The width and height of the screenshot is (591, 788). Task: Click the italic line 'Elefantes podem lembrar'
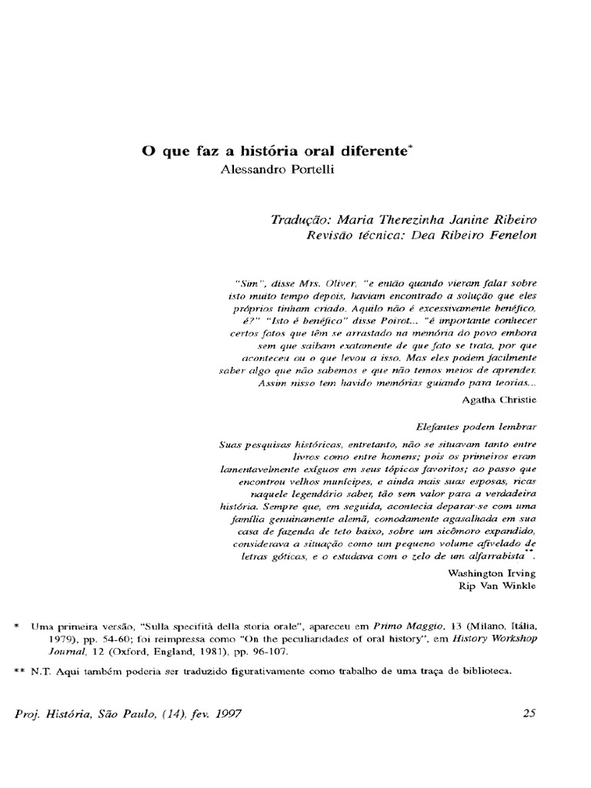coord(476,426)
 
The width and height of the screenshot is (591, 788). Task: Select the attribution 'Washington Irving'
coord(492,573)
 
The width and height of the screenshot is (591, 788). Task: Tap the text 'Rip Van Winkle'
coord(497,586)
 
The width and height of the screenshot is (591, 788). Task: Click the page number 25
coord(529,713)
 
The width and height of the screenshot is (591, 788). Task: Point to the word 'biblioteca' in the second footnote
coord(484,671)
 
